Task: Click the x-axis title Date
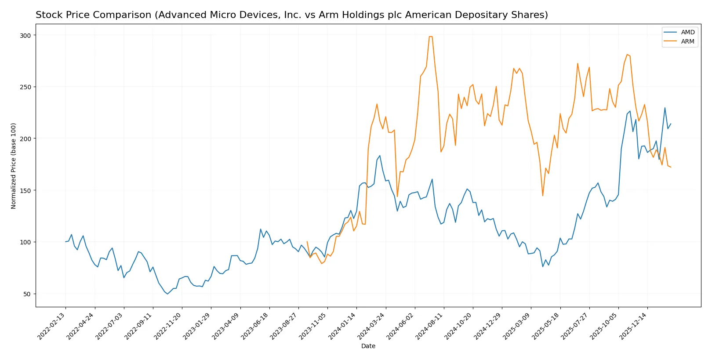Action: click(368, 346)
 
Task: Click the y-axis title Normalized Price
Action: click(14, 166)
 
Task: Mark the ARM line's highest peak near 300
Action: click(431, 36)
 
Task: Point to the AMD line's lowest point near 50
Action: click(167, 294)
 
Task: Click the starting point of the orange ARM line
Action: click(307, 242)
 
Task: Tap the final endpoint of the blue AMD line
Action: click(671, 124)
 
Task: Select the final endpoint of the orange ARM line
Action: click(671, 167)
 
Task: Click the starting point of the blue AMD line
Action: click(65, 242)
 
